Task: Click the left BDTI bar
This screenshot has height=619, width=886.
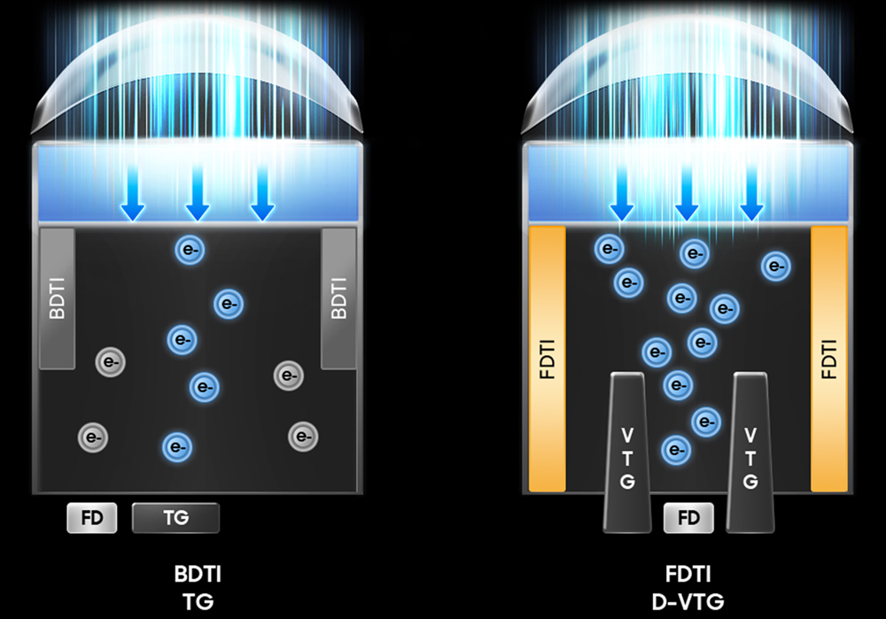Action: pyautogui.click(x=57, y=298)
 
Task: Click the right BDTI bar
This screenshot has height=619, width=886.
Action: pyautogui.click(x=338, y=298)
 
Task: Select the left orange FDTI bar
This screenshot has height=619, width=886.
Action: pyautogui.click(x=547, y=358)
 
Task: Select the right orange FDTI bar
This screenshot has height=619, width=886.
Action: pyautogui.click(x=829, y=358)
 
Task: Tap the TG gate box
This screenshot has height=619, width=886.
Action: pyautogui.click(x=175, y=518)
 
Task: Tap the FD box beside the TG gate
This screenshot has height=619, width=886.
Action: pyautogui.click(x=91, y=518)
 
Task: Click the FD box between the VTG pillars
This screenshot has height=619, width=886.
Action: pyautogui.click(x=688, y=518)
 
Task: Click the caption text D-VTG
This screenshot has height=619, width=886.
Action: pyautogui.click(x=688, y=603)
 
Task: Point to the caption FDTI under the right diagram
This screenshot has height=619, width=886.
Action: pyautogui.click(x=688, y=574)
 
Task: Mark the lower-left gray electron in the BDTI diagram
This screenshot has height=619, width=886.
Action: pyautogui.click(x=93, y=436)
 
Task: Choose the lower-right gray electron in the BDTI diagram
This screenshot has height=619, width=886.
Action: pyautogui.click(x=303, y=436)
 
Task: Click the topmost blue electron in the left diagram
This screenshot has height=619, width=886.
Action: pyautogui.click(x=190, y=251)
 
